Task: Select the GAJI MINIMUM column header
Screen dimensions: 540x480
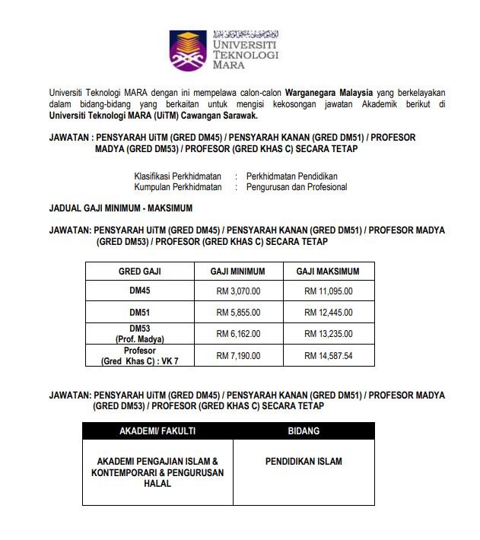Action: [x=238, y=271]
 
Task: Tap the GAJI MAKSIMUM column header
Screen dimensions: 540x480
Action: [x=327, y=271]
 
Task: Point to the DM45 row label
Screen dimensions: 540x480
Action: [x=139, y=291]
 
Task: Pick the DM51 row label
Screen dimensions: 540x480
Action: [x=139, y=312]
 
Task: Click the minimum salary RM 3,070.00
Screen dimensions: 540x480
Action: [x=238, y=291]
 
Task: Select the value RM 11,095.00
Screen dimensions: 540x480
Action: [x=328, y=291]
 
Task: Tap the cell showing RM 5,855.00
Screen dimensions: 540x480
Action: [x=238, y=312]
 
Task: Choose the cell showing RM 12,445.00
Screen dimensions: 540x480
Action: [x=328, y=312]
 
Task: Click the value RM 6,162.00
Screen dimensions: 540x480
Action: [x=238, y=333]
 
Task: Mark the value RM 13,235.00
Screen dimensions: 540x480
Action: [x=328, y=333]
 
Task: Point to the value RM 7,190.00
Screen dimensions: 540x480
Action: [x=238, y=355]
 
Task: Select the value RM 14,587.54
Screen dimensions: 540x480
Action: [x=328, y=355]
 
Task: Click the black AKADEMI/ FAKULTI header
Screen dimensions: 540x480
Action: [x=157, y=430]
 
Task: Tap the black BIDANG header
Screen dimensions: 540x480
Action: [x=304, y=430]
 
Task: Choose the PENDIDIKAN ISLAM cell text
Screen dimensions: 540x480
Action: [x=304, y=461]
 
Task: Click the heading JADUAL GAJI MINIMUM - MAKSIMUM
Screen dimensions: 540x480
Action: [x=120, y=207]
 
